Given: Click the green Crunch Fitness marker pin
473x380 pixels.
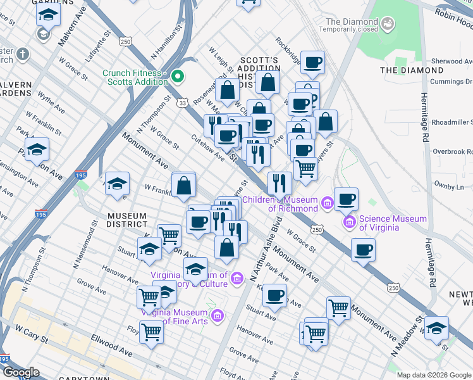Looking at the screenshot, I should tap(178, 77).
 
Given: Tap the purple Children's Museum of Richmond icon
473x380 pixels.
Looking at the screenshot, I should tap(327, 203).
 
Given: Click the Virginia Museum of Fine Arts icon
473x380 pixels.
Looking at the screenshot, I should tap(217, 315).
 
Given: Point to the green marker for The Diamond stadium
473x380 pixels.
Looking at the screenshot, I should tap(388, 25).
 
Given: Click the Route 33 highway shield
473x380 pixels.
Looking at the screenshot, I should tap(182, 102).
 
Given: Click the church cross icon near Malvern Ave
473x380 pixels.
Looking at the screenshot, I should tap(23, 54).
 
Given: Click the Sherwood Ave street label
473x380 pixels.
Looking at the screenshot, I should tap(451, 61).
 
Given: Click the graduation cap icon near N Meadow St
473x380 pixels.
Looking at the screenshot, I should tap(436, 327).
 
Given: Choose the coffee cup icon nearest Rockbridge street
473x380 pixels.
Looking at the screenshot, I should tap(312, 63).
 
